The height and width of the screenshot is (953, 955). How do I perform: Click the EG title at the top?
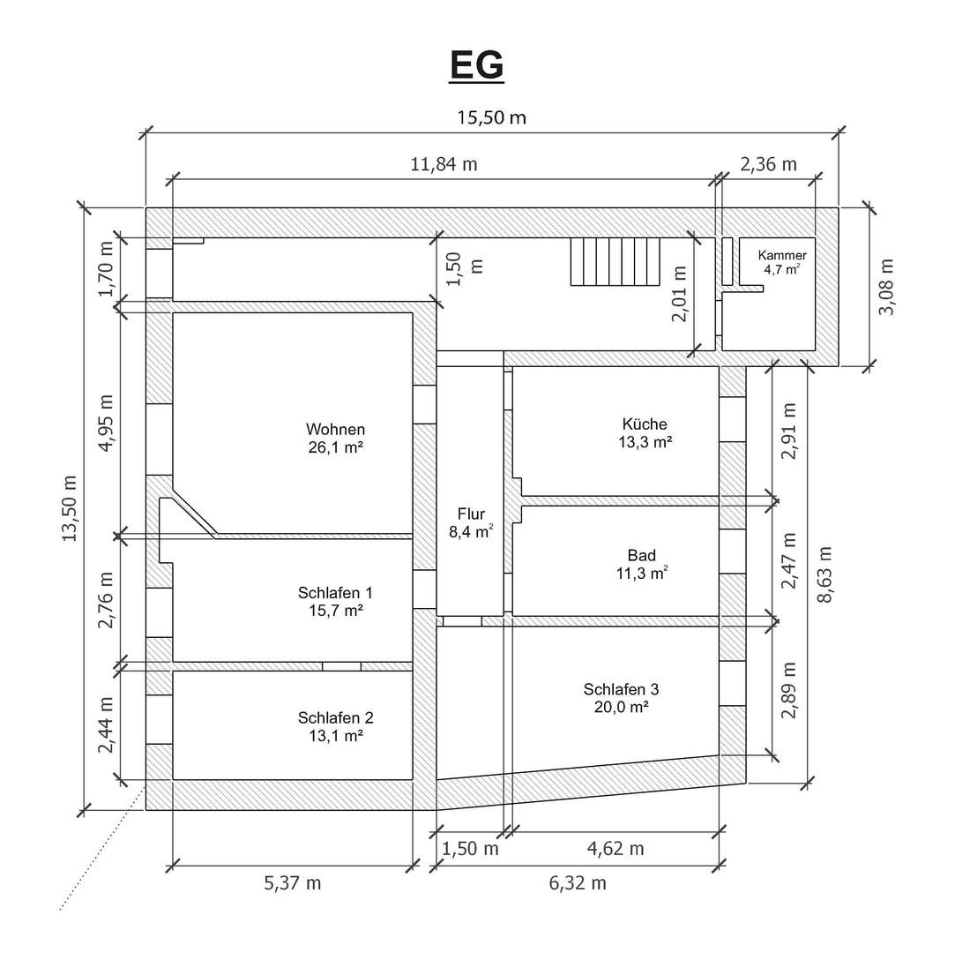click(x=477, y=65)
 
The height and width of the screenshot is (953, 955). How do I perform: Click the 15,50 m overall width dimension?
click(x=491, y=117)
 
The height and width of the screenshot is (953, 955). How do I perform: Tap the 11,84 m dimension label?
click(x=444, y=164)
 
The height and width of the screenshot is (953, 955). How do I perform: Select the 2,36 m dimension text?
click(x=768, y=164)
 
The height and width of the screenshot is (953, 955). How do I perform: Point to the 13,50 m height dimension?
click(x=70, y=508)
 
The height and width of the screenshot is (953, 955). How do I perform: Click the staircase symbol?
click(x=616, y=261)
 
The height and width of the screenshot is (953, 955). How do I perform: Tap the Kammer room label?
click(x=782, y=255)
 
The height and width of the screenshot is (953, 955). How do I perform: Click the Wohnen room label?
click(x=336, y=430)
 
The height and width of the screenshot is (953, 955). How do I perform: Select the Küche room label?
click(x=645, y=424)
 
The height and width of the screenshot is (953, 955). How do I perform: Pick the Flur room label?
click(x=472, y=514)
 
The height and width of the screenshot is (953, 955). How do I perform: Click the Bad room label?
click(x=642, y=555)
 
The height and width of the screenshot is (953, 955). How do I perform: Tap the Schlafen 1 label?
click(x=335, y=592)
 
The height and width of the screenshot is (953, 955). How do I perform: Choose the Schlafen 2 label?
click(x=336, y=717)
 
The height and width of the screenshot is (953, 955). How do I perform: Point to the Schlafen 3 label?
click(x=622, y=689)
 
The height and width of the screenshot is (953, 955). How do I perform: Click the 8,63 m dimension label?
click(x=824, y=574)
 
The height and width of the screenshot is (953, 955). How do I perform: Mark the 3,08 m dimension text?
click(x=886, y=287)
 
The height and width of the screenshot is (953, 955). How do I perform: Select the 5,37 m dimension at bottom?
click(x=293, y=883)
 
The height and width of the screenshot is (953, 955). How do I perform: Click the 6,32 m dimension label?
click(x=578, y=883)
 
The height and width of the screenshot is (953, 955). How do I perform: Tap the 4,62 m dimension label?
click(x=616, y=848)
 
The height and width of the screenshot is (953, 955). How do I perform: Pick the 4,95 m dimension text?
click(x=106, y=423)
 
